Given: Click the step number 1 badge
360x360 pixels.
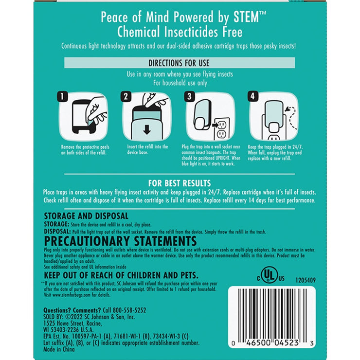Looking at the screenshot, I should point(62,97).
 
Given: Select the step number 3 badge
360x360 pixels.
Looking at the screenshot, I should point(189,97).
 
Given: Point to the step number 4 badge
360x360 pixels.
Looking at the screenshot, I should point(252,97).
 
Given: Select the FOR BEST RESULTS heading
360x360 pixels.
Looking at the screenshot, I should point(180,183).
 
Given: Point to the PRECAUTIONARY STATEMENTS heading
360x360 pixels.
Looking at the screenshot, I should point(120,242).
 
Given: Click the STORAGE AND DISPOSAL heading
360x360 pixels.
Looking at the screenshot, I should point(86,216).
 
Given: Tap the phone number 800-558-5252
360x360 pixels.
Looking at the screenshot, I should point(125,310).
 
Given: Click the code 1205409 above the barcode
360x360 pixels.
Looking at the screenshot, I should point(305,280).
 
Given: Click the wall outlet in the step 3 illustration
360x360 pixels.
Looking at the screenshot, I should point(221,127).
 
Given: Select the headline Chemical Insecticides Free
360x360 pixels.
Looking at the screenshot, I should point(180,32).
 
